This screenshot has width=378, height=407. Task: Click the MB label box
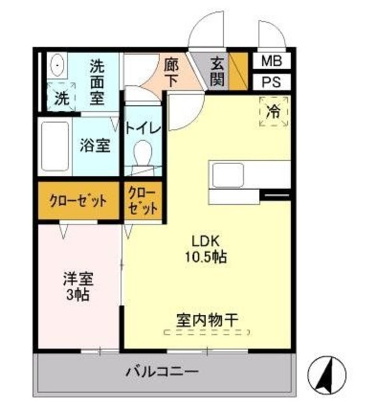[x=272, y=62]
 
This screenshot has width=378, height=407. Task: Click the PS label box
[x=272, y=83]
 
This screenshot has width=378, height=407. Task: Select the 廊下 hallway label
[x=172, y=71]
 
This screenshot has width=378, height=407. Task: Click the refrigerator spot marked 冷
[x=273, y=112]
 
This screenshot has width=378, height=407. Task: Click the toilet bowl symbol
[x=144, y=153]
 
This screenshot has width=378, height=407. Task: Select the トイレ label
[x=144, y=127]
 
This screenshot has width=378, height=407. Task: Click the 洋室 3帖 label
[x=78, y=286]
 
